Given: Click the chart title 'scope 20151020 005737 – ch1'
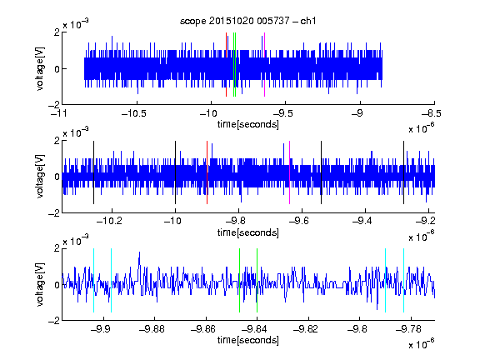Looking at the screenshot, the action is [247, 21].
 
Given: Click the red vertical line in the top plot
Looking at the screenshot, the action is [226, 65].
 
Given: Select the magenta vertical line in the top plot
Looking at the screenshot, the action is [264, 65].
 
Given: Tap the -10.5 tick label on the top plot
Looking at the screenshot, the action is [134, 114].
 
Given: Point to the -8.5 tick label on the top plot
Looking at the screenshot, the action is [432, 114].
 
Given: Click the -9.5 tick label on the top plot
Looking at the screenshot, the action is [282, 114].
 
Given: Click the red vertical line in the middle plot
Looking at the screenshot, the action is [207, 172].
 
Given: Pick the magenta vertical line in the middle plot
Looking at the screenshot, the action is [290, 172].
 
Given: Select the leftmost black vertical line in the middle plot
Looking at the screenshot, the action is [93, 172].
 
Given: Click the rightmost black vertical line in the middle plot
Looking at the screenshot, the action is [403, 172].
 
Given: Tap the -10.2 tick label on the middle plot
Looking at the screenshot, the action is [109, 221].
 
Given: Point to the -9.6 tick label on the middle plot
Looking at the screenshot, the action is [298, 221].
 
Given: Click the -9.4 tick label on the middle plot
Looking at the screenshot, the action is [362, 221].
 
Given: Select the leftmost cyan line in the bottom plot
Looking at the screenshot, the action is [93, 280].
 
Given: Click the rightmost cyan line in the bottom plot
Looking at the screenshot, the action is [403, 280].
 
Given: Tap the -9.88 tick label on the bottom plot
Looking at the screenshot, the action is [152, 329].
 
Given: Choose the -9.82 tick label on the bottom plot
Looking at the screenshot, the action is [306, 329].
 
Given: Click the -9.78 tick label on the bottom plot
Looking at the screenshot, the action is [408, 329].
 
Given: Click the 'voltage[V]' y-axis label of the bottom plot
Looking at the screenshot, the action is [40, 284].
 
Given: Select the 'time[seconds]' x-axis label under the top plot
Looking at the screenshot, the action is [248, 125].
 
